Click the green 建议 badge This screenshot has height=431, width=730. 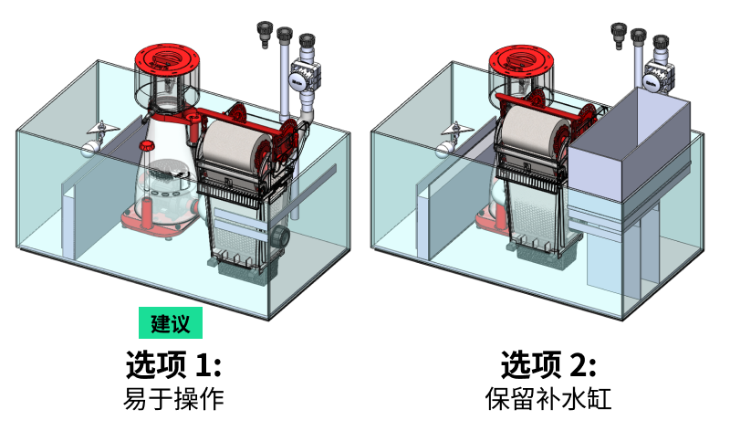click(x=171, y=323)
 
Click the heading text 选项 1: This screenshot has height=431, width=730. click(x=172, y=365)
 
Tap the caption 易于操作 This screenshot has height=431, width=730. click(x=172, y=399)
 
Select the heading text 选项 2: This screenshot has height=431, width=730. click(x=547, y=365)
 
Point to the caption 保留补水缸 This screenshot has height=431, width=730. click(x=547, y=399)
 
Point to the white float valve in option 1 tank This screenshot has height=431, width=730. click(x=90, y=142)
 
